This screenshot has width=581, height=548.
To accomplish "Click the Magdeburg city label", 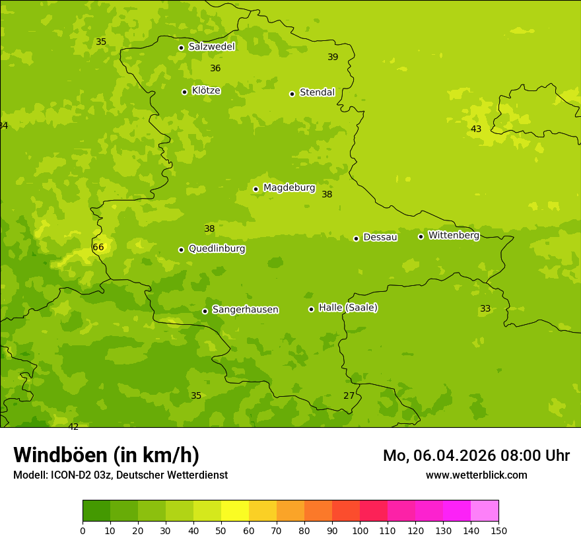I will (x=289, y=188).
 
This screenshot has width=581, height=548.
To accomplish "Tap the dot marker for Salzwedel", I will (x=181, y=48).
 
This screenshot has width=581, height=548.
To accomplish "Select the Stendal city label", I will (x=318, y=92).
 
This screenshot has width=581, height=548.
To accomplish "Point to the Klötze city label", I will (x=206, y=90).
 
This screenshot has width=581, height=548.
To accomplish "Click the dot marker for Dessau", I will (x=356, y=238).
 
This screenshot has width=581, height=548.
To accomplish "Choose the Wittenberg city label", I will (x=454, y=236).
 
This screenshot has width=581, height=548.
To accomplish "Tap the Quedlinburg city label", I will (x=217, y=249).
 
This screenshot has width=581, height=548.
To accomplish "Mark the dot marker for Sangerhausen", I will (x=205, y=311).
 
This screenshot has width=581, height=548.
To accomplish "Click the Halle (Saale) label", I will (x=348, y=308).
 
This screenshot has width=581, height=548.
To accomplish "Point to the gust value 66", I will (x=98, y=248).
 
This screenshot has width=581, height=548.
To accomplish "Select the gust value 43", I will (x=476, y=129).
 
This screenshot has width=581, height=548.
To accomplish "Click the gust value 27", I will (x=349, y=395).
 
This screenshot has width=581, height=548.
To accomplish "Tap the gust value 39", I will (x=333, y=57).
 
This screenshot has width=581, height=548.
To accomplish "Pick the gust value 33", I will (x=485, y=308).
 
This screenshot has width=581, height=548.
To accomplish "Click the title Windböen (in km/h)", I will (x=106, y=455).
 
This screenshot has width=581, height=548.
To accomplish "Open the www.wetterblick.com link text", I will (x=476, y=475).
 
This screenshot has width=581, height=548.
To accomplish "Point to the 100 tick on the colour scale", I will (x=360, y=530).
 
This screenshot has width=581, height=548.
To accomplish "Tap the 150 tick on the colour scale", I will (x=498, y=530).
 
